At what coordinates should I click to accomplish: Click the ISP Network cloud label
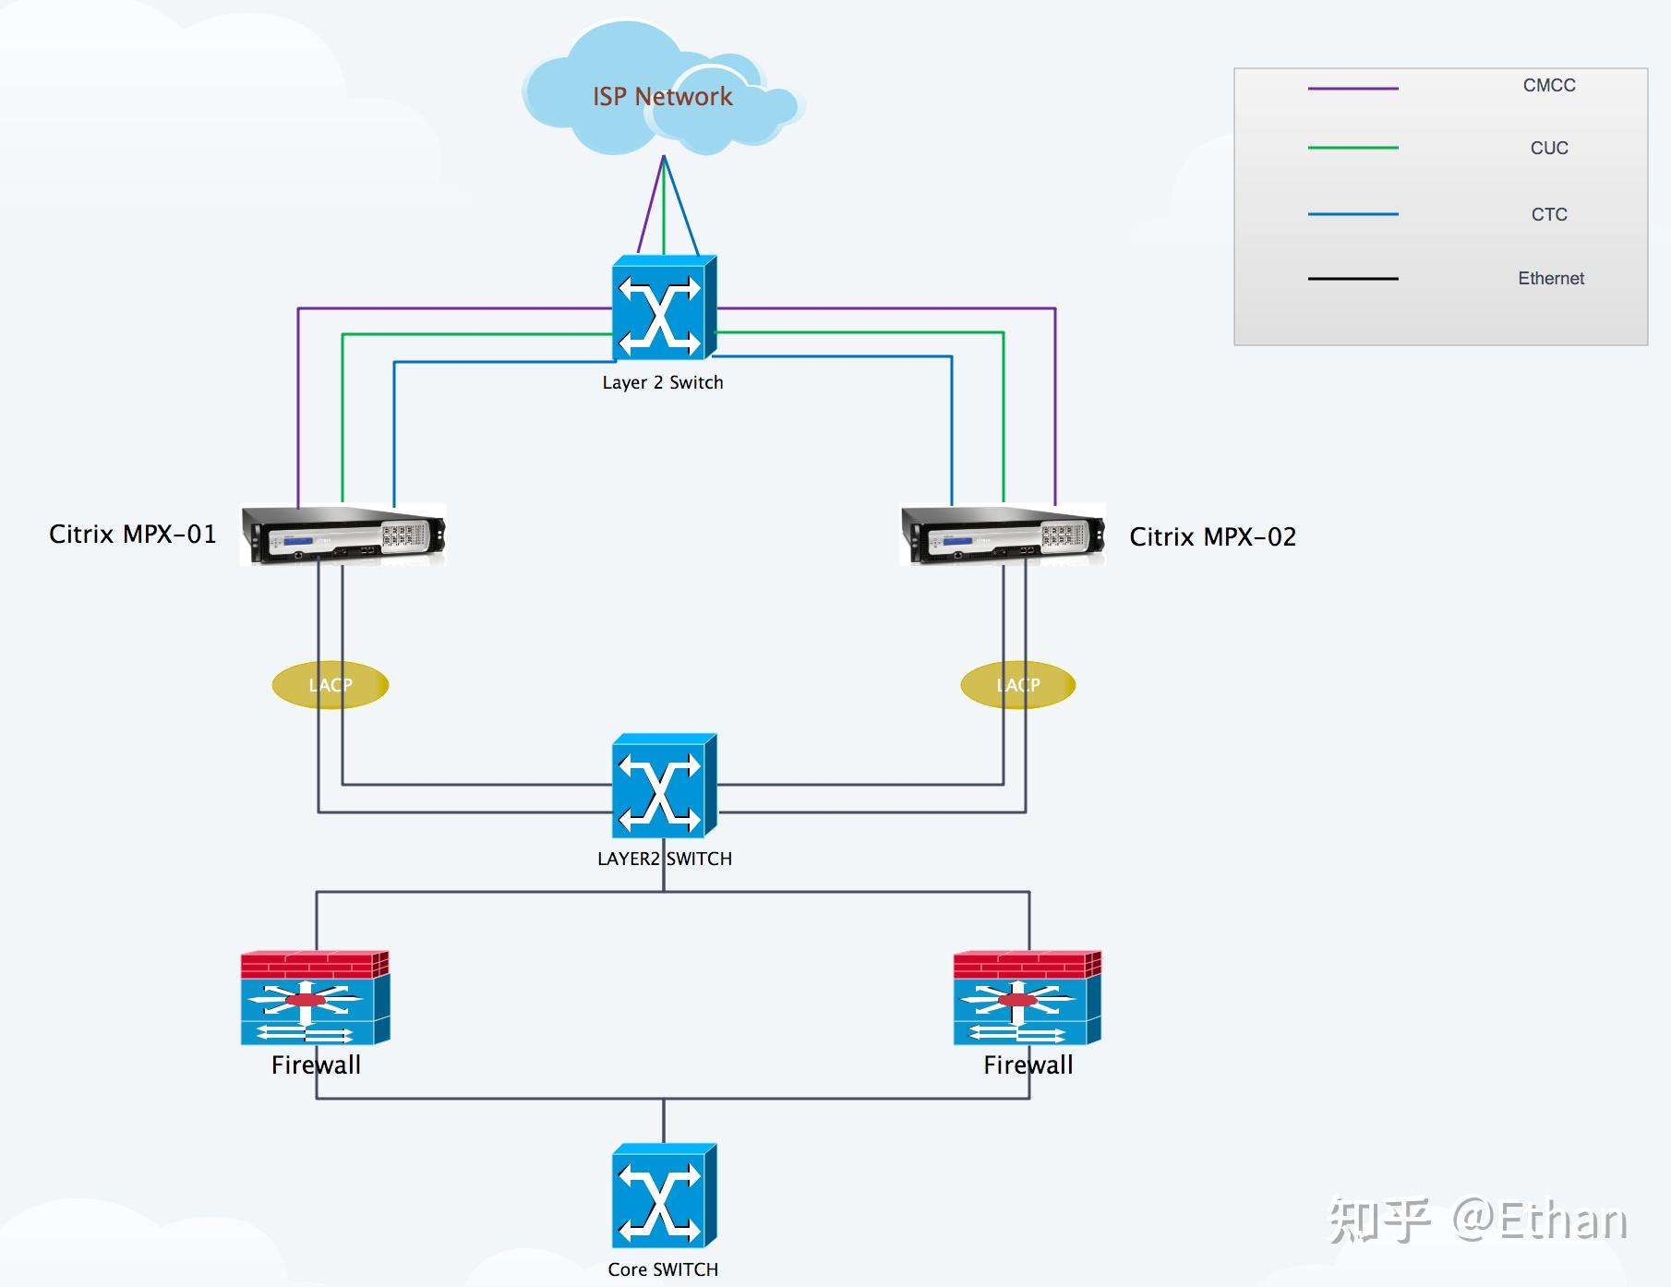coord(662,97)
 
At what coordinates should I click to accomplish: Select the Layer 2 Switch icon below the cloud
coord(663,308)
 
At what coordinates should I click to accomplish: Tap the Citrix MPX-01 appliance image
coord(343,535)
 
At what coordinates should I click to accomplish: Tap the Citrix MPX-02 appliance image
coord(1003,535)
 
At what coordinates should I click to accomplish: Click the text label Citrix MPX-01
coord(133,535)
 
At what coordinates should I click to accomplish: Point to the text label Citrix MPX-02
coord(1212,537)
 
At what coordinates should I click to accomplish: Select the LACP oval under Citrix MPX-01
coord(331,685)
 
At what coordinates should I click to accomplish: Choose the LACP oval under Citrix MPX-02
coord(1018,685)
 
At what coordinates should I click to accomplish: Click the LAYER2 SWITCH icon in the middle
coord(663,786)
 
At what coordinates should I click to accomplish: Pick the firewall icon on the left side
coord(315,999)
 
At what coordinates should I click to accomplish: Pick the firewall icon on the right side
coord(1027,999)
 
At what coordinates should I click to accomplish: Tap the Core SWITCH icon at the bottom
coord(663,1197)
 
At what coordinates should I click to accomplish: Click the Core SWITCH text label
coord(663,1269)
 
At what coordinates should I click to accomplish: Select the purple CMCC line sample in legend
coord(1352,89)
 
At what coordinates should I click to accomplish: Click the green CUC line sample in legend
coord(1352,148)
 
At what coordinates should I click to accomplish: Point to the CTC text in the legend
coord(1549,214)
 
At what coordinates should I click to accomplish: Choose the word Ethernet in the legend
coord(1551,278)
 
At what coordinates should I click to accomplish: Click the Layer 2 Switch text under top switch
coord(663,382)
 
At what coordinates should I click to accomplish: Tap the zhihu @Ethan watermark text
coord(1477,1221)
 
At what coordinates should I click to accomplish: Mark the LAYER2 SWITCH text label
coord(664,859)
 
